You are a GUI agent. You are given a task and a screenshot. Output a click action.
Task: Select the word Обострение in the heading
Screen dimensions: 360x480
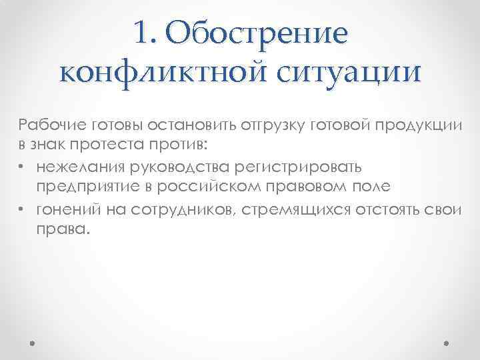(x=258, y=34)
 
